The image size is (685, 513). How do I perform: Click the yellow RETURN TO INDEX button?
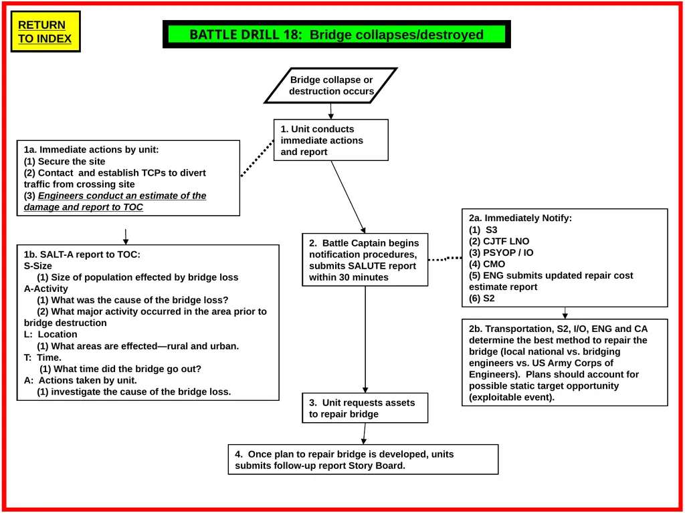[45, 31]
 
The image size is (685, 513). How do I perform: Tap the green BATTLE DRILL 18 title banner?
[336, 34]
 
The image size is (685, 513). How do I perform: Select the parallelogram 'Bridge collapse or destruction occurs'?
[331, 85]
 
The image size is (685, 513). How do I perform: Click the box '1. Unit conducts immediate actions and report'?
[330, 140]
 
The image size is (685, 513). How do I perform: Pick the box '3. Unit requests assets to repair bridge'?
[365, 408]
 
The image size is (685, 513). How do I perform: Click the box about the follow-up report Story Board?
[363, 460]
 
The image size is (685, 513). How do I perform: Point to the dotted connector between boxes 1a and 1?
[258, 158]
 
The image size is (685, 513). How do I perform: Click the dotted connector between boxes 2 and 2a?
[445, 259]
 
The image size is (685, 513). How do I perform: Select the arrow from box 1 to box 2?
[348, 197]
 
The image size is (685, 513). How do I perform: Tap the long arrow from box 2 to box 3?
[365, 339]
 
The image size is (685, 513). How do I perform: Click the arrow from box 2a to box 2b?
[565, 313]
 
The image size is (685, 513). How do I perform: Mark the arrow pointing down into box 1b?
[126, 236]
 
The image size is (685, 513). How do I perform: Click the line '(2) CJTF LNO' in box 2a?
[499, 241]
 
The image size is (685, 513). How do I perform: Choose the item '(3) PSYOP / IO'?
[501, 252]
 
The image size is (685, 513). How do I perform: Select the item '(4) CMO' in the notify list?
[487, 264]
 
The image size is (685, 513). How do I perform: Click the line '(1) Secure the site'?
[65, 162]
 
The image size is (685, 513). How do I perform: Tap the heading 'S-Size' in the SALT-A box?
[38, 266]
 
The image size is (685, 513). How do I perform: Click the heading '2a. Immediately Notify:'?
[520, 218]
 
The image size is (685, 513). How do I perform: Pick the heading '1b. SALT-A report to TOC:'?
[82, 254]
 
